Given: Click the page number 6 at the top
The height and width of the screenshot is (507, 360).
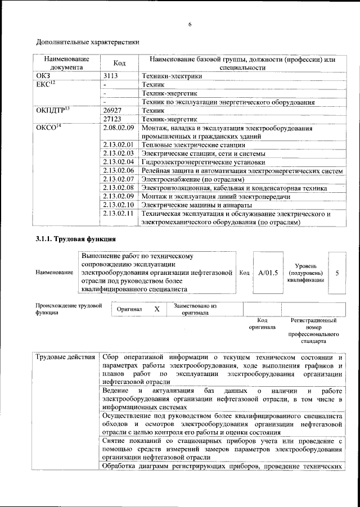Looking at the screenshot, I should tap(190, 24).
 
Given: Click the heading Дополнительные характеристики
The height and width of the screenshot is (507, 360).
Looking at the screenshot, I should tap(88, 42).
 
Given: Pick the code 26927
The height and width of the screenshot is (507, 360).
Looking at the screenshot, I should tap(113, 111).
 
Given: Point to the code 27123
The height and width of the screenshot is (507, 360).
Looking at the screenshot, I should tap(113, 119).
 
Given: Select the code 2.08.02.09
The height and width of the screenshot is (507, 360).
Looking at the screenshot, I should tap(118, 128).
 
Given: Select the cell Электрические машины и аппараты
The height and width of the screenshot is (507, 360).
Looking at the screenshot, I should tap(199, 205).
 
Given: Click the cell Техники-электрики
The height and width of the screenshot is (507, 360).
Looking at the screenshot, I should tap(172, 75).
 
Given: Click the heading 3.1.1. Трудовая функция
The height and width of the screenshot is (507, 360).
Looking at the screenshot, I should tap(76, 241).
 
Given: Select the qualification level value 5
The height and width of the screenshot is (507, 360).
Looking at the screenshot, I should tap(336, 273).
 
